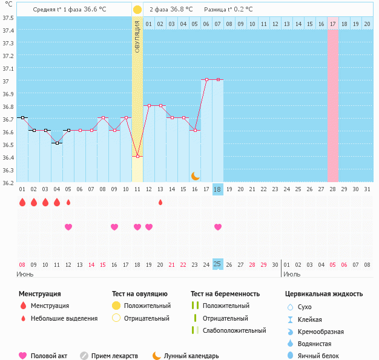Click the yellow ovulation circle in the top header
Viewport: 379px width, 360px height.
137,10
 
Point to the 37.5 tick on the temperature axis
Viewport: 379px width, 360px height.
8,18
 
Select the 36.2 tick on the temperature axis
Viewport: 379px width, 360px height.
8,182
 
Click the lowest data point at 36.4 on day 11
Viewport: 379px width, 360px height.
137,156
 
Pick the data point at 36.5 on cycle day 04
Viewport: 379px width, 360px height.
57,143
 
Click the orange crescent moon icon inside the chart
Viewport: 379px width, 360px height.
195,175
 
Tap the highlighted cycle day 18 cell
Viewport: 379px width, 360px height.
218,189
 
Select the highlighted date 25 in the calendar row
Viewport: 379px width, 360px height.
218,264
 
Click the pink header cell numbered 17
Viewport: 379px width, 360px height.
333,24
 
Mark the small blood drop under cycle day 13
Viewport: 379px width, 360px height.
160,202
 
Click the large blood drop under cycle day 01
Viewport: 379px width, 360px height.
22,202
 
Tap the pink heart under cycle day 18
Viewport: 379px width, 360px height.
218,227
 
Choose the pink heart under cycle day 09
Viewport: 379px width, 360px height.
114,227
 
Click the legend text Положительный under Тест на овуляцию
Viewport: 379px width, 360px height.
147,306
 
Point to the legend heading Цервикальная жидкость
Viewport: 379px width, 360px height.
324,293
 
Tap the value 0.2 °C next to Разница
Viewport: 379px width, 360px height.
242,10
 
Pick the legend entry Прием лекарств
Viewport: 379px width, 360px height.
114,356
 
